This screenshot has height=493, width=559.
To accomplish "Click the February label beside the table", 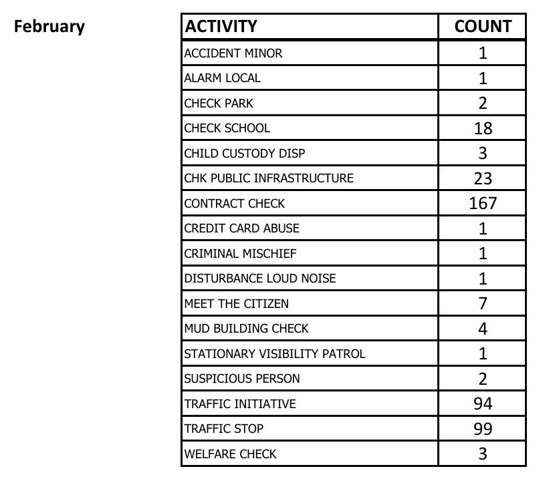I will pyautogui.click(x=49, y=27).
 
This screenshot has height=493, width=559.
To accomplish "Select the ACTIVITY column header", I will pyautogui.click(x=221, y=27).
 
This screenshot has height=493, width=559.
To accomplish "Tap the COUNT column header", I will pyautogui.click(x=483, y=27).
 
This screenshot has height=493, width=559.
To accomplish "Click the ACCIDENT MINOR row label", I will pyautogui.click(x=233, y=53).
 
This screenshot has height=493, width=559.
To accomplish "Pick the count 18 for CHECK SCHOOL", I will pyautogui.click(x=483, y=128).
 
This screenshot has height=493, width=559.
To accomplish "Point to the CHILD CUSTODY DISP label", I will pyautogui.click(x=245, y=154).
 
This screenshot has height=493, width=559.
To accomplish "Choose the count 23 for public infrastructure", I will pyautogui.click(x=483, y=178).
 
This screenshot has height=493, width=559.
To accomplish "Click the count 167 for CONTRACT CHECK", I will pyautogui.click(x=483, y=203).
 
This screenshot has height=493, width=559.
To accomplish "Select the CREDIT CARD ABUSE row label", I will pyautogui.click(x=242, y=228).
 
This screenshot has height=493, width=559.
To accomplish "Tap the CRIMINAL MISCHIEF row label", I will pyautogui.click(x=240, y=254).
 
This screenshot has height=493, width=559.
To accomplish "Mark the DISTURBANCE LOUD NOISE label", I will pyautogui.click(x=260, y=279).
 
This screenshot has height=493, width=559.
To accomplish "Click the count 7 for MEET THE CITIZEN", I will pyautogui.click(x=483, y=303).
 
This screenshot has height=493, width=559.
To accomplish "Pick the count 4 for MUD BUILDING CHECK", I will pyautogui.click(x=483, y=329).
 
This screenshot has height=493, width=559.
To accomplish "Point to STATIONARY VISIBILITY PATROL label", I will pyautogui.click(x=275, y=354).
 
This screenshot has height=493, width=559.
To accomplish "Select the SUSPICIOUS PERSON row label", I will pyautogui.click(x=242, y=379).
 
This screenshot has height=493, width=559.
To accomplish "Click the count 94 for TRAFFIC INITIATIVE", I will pyautogui.click(x=483, y=403).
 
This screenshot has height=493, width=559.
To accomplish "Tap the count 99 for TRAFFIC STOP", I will pyautogui.click(x=483, y=429).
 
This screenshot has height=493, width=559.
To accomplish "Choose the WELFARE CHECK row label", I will pyautogui.click(x=230, y=454).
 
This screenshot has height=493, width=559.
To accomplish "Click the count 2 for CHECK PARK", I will pyautogui.click(x=483, y=104).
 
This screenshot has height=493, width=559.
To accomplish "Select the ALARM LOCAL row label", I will pyautogui.click(x=223, y=78).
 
